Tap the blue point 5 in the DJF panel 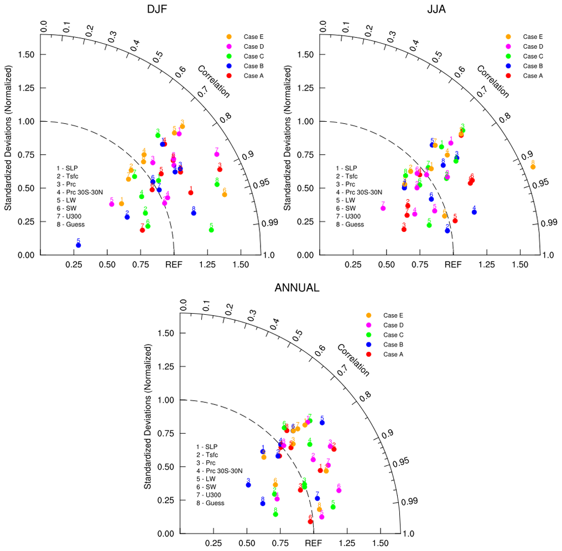point(78,245)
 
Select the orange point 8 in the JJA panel point(533,167)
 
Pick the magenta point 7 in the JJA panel point(383,208)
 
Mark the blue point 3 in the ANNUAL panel point(248,485)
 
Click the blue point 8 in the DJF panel point(194,213)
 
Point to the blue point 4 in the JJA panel point(474,212)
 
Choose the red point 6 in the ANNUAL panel point(310,521)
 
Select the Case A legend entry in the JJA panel point(529,76)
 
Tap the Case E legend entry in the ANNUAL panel point(389,315)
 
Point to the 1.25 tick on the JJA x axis point(486,265)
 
